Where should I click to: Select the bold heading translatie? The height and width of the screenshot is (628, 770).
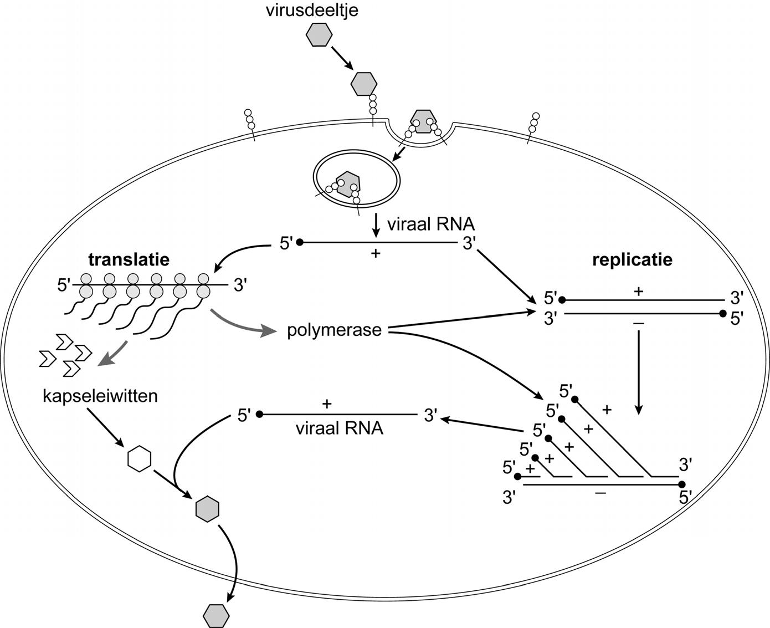(x=129, y=259)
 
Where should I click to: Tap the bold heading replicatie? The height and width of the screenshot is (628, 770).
(x=632, y=259)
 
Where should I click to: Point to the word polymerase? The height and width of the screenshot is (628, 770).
(x=334, y=330)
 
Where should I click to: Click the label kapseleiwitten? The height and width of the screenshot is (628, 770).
(x=100, y=396)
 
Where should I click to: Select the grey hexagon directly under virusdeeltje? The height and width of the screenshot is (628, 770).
(x=320, y=35)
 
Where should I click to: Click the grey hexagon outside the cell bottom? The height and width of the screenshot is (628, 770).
(x=216, y=614)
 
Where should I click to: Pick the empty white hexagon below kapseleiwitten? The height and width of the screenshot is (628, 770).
(x=139, y=459)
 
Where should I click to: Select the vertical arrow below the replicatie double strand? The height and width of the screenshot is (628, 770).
(x=639, y=371)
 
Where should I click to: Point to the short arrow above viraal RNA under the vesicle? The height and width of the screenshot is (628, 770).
(x=377, y=223)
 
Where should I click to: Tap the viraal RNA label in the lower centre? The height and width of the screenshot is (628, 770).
(x=339, y=428)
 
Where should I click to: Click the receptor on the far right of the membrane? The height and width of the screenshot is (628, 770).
(x=533, y=127)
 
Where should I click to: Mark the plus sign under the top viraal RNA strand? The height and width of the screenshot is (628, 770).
(x=376, y=254)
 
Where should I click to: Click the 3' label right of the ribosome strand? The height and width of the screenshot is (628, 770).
(x=240, y=285)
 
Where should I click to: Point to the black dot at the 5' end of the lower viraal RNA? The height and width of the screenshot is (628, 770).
(x=258, y=414)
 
